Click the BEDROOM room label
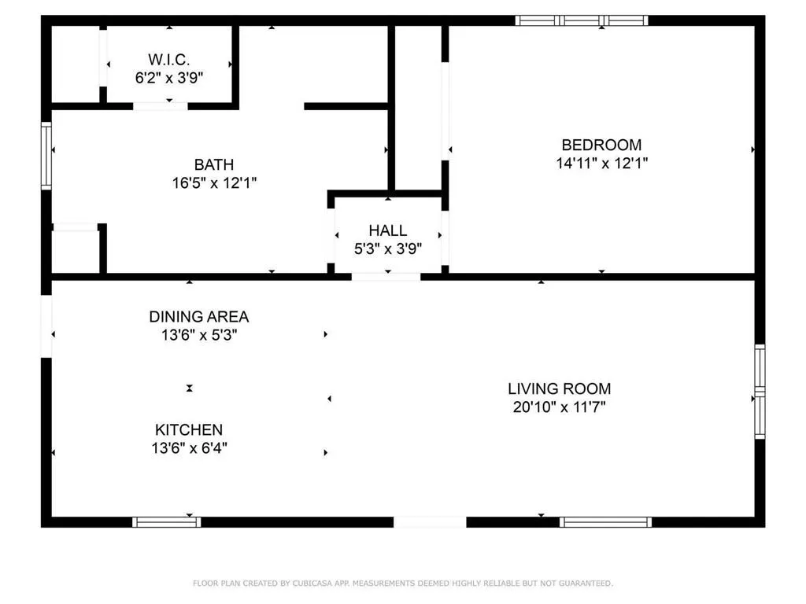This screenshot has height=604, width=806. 601,145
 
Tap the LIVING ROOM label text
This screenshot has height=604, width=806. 559,389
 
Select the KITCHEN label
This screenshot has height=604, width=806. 189,430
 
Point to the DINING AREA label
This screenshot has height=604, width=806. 199,317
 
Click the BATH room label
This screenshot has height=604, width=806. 214,164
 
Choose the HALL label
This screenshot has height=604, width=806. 388,230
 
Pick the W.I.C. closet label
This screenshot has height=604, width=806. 169,60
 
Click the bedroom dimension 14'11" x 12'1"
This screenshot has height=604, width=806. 601,164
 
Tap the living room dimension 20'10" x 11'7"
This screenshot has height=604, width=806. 559,407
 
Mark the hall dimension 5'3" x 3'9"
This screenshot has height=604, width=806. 388,249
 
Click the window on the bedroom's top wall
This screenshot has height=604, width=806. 582,20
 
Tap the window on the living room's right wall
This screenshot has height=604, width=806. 760,391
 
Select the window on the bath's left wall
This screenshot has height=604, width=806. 46,155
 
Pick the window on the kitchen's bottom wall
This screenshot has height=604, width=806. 166,521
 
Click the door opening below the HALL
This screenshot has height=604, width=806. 386,277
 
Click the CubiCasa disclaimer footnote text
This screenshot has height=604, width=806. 403,584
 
